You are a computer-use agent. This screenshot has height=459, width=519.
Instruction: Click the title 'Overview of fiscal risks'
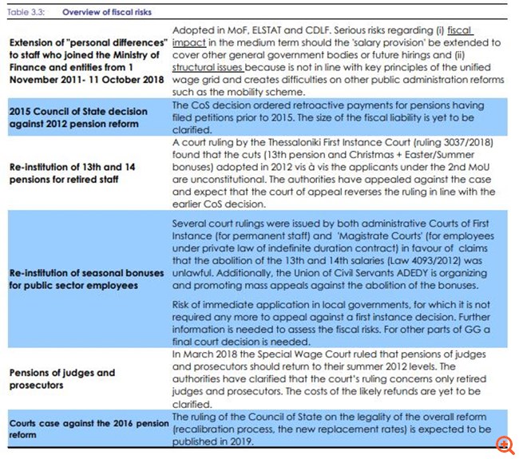106,13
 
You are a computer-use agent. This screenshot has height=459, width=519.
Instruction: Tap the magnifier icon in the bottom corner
505,445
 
